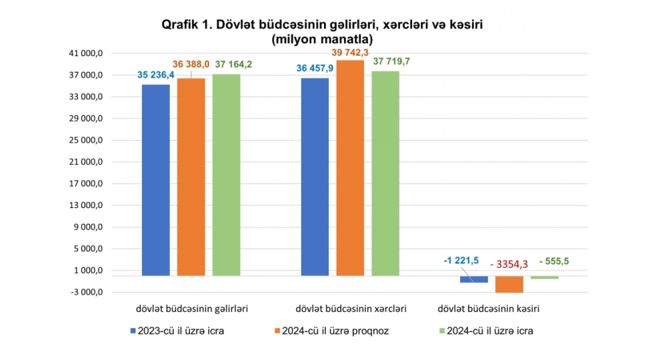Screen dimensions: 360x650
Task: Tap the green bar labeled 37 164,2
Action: (226, 175)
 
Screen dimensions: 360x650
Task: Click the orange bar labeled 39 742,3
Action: (350, 167)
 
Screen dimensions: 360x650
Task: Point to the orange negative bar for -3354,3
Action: (509, 284)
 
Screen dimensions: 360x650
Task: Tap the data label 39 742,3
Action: (351, 51)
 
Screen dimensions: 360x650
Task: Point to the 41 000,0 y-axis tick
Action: (86, 53)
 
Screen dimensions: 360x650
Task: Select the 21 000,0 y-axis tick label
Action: (86, 162)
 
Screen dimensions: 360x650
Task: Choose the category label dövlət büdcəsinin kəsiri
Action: (488, 309)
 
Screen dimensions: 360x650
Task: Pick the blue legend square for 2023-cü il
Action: (132, 331)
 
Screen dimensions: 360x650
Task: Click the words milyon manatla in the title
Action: (322, 39)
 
